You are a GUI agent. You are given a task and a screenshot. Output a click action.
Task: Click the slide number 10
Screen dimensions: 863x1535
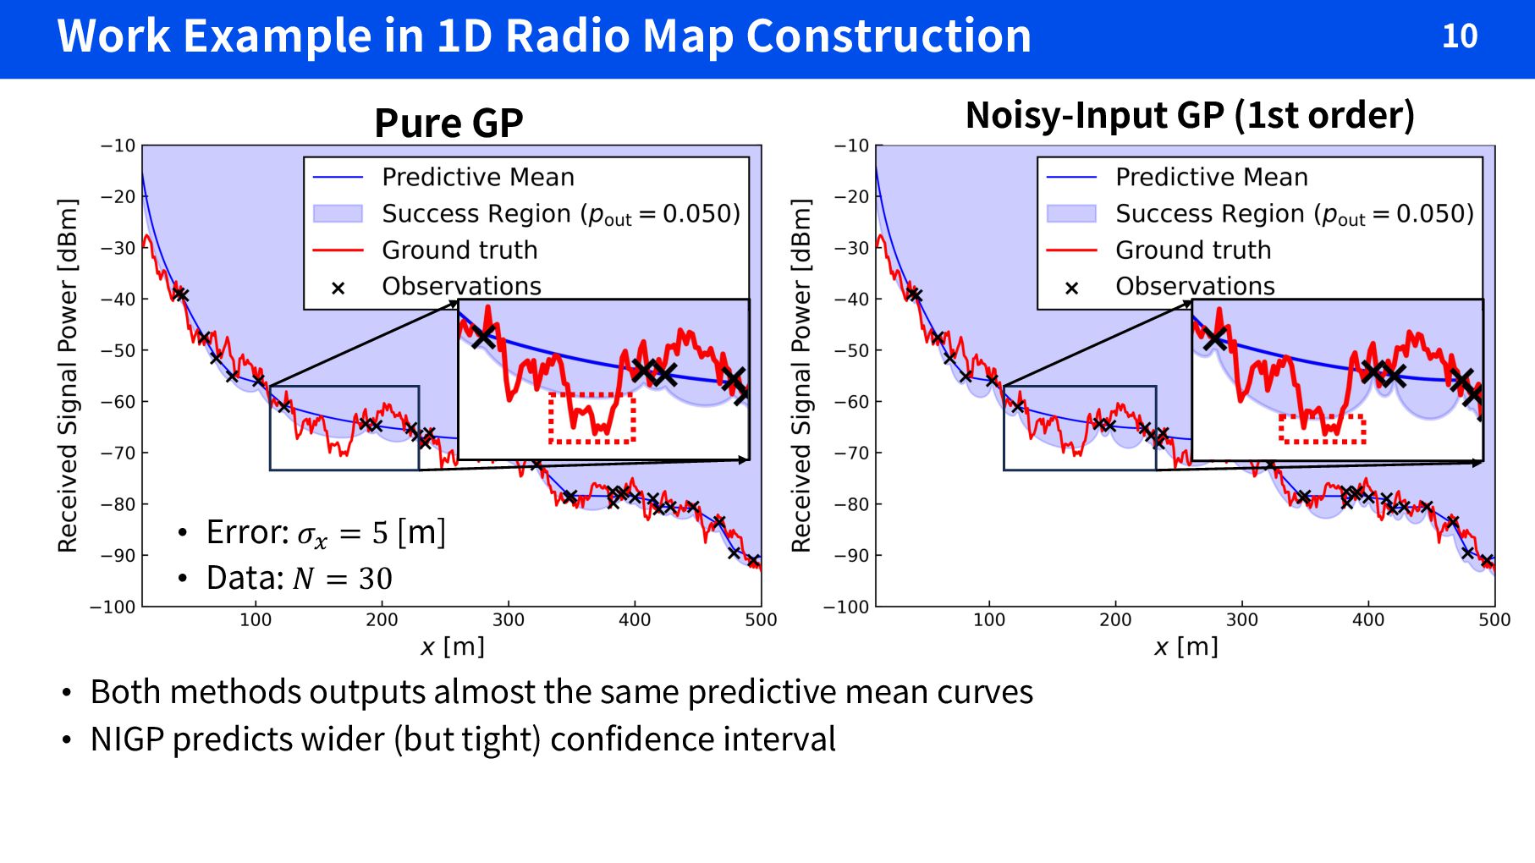click(1459, 36)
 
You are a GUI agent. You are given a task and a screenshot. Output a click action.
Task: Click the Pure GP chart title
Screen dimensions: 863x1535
click(448, 123)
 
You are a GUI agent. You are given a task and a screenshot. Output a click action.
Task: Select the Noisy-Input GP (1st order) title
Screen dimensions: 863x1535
click(1189, 115)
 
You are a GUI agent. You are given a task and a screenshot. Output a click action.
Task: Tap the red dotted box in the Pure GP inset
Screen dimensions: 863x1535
click(591, 418)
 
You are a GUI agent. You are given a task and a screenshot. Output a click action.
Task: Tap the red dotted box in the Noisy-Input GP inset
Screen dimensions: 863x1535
click(1322, 429)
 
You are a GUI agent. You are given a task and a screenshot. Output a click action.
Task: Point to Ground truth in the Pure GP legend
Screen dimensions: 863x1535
click(459, 250)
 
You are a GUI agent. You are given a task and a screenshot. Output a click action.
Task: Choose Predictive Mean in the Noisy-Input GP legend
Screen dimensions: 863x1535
click(1211, 177)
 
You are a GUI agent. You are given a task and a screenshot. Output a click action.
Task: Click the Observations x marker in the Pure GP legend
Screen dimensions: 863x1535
click(338, 288)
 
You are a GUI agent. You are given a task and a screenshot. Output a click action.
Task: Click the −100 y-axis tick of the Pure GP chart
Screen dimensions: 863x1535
click(113, 607)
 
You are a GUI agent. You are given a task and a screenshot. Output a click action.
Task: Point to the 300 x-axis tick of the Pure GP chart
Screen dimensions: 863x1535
click(508, 619)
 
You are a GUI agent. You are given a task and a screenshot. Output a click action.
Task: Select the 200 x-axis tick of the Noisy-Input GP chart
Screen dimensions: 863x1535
click(1115, 619)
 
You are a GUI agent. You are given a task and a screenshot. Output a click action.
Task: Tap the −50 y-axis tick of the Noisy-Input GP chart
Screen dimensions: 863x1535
click(852, 350)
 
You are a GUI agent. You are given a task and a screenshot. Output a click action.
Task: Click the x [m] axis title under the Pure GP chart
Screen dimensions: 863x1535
click(453, 646)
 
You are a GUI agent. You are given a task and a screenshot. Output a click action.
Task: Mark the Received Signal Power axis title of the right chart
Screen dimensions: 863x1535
click(801, 375)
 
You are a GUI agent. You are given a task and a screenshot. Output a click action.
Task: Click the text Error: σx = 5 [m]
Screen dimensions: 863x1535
click(325, 533)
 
